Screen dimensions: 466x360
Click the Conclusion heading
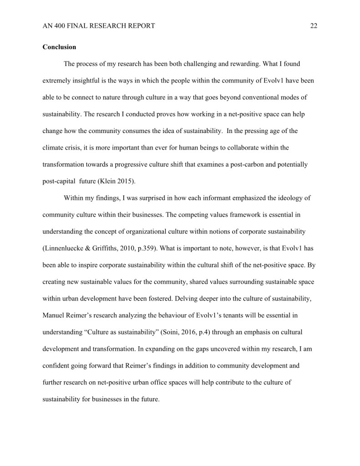coord(59,47)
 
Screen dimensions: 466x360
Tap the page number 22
coord(314,26)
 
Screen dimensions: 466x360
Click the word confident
coord(56,365)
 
